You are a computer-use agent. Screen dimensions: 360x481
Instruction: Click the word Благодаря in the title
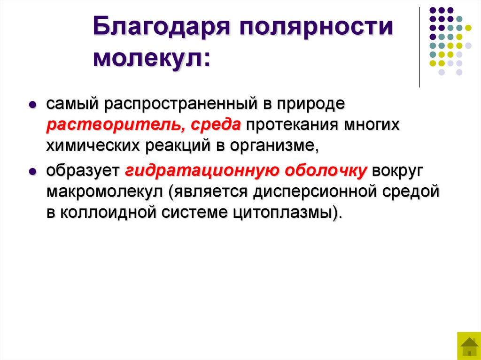163,29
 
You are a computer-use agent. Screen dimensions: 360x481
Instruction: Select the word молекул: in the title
152,58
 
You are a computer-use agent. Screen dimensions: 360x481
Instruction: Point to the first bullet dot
33,105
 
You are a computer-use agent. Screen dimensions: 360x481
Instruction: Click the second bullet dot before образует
33,172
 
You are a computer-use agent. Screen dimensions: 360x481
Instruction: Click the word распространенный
183,104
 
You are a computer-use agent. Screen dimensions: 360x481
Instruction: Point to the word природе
310,104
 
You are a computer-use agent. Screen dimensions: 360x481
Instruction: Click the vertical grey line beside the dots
419,47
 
